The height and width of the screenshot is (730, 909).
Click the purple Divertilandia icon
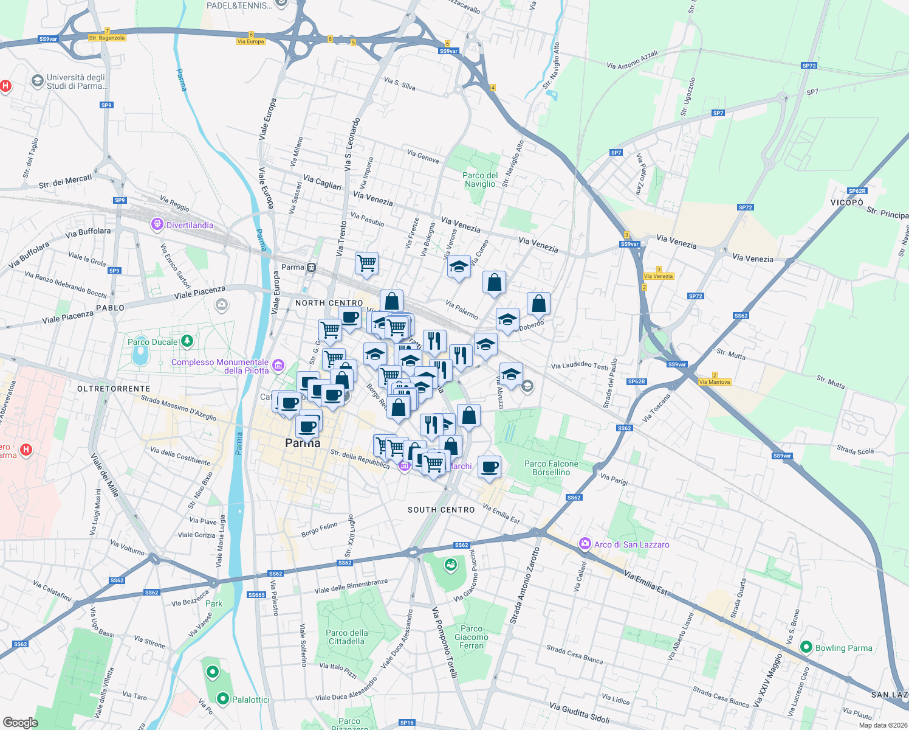click(x=157, y=225)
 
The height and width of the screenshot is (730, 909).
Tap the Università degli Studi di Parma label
click(x=76, y=82)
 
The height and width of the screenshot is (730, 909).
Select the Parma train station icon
click(x=312, y=267)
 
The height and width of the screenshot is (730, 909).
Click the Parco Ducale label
click(x=153, y=342)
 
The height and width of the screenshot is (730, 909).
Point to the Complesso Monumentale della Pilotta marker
click(x=278, y=365)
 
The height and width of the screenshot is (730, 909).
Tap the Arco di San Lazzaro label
click(x=631, y=544)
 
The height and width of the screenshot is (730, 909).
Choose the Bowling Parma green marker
click(x=806, y=647)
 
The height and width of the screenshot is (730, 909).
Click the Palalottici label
click(x=250, y=700)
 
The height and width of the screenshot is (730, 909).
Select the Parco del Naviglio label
click(x=480, y=179)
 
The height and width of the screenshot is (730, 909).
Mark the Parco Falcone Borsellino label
click(x=551, y=468)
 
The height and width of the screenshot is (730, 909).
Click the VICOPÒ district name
click(x=847, y=202)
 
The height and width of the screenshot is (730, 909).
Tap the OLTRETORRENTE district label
click(x=114, y=389)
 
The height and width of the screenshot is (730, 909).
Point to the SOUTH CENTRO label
click(x=441, y=510)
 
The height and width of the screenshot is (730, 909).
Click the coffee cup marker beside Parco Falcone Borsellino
click(x=489, y=467)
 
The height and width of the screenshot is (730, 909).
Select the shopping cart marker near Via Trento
click(x=366, y=263)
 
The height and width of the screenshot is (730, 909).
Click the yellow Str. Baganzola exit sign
click(x=107, y=38)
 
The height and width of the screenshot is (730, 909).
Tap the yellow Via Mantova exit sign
click(x=715, y=382)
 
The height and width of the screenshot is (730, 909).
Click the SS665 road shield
click(x=256, y=594)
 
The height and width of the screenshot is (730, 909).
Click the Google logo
click(x=21, y=722)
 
